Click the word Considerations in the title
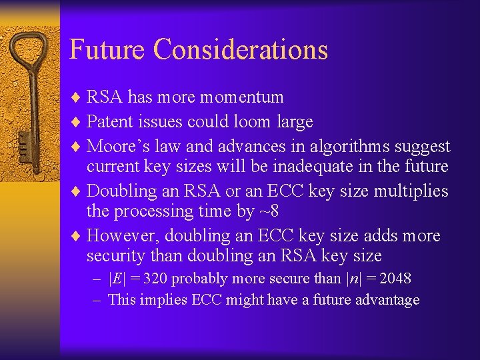tap(241, 50)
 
